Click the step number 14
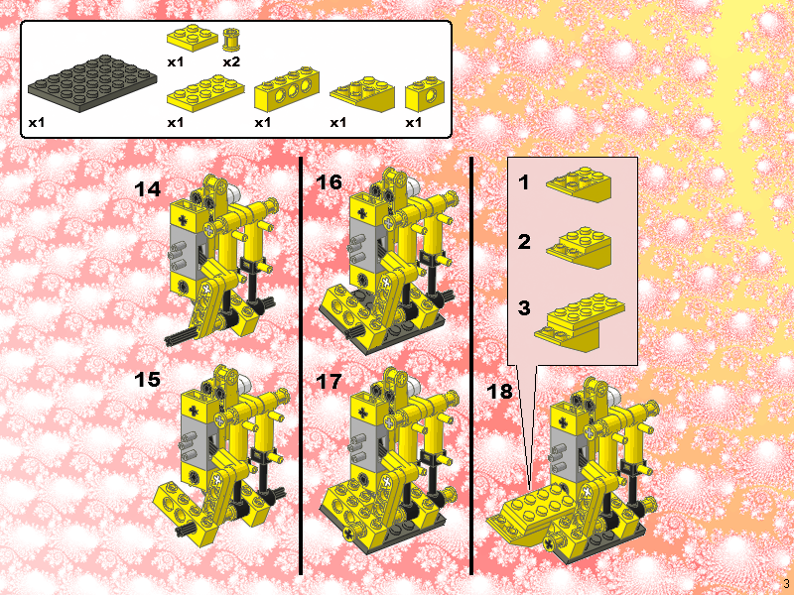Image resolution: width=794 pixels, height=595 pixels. coord(147,189)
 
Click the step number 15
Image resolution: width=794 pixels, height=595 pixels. coord(147,380)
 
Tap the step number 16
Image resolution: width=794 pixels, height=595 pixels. coord(329,182)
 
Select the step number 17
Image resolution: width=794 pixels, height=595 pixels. coord(329,382)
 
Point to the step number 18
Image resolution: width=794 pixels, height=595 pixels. coord(500,391)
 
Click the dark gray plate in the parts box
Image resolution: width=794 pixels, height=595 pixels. coord(92,83)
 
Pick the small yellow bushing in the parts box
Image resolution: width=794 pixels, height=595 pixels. coord(231,40)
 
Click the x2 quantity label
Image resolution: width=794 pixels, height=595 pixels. coord(231,61)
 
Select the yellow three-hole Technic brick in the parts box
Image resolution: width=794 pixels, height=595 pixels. coord(287,89)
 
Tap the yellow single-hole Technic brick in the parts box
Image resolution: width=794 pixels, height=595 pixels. coord(425,93)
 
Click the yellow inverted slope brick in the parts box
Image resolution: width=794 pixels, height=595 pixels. coord(362,94)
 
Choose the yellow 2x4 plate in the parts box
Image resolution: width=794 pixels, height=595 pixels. coord(205,93)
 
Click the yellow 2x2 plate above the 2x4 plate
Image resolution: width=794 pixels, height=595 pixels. coord(193,38)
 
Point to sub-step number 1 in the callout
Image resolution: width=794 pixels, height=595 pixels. coord(524,182)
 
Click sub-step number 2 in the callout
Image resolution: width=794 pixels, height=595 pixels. coord(524,242)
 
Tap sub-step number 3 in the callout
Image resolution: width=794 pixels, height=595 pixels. coord(524,307)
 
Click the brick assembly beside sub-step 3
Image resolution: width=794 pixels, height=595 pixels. coord(580,321)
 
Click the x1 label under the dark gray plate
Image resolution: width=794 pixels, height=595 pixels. coord(37,122)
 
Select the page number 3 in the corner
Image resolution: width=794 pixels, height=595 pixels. coord(786,583)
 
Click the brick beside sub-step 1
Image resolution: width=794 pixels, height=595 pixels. coord(579,184)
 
